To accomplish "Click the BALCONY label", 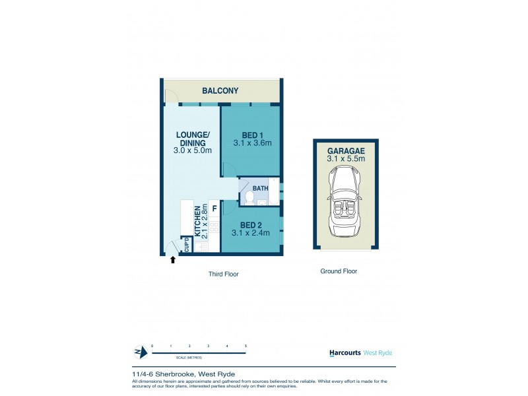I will tap(220, 90).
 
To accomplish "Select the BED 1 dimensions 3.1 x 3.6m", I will tap(253, 143).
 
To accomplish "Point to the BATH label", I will tap(260, 189).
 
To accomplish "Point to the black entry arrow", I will tap(173, 259).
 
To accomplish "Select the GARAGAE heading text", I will tap(345, 149).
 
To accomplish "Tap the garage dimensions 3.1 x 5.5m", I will tap(345, 158).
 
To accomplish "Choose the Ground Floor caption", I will tap(338, 271).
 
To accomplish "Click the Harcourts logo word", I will tap(345, 352).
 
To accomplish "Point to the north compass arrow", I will tap(138, 351).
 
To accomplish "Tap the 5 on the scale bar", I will tap(246, 346).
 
